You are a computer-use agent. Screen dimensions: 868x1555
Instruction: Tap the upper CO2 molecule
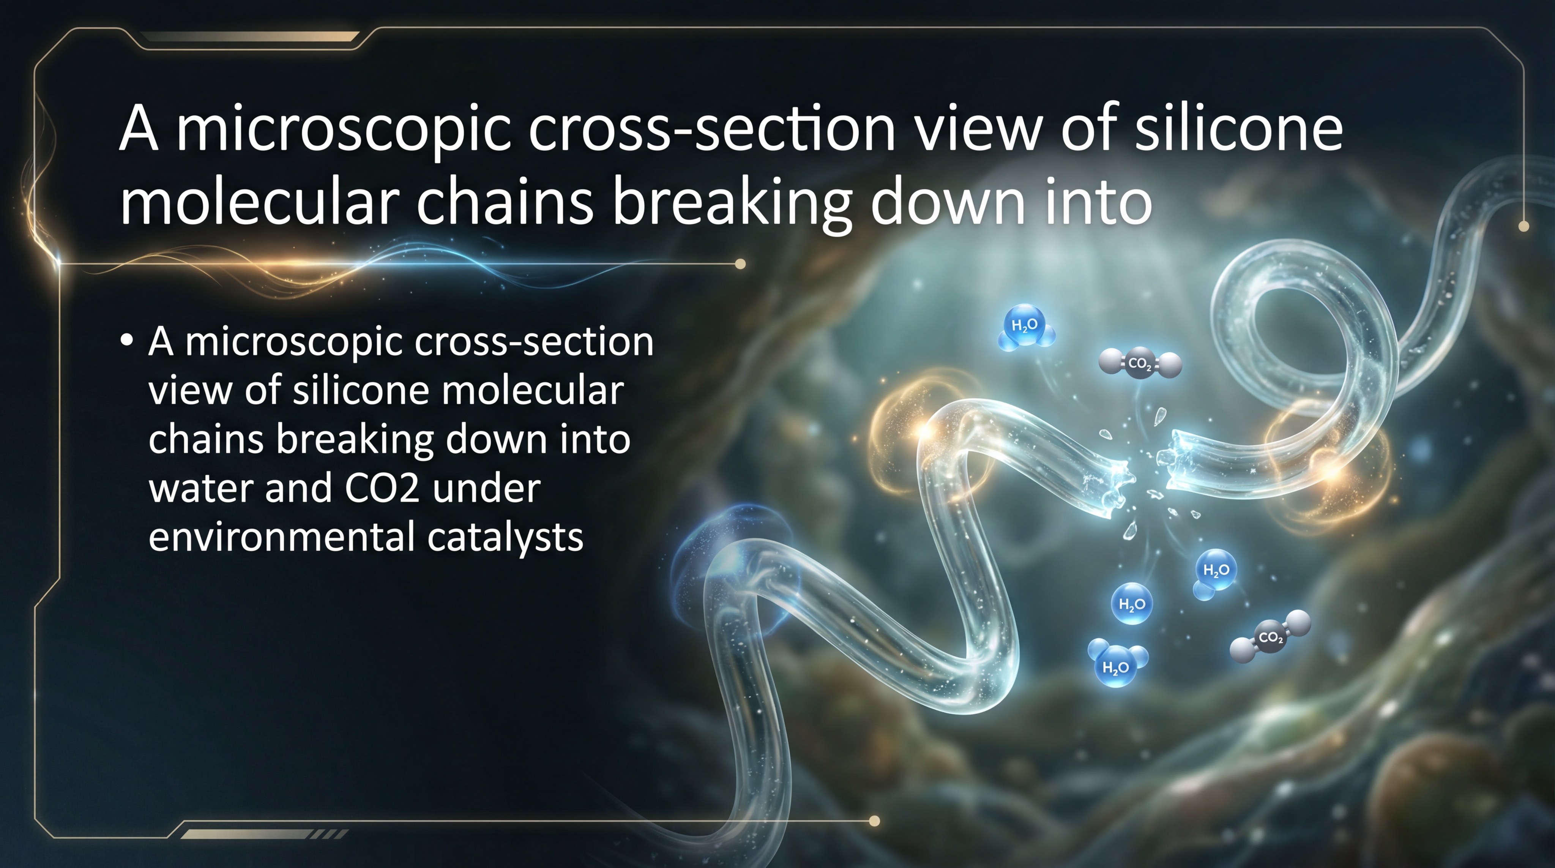(1140, 363)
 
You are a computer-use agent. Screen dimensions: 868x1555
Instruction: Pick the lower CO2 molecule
(1271, 637)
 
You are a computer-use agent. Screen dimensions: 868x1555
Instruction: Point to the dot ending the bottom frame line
(874, 821)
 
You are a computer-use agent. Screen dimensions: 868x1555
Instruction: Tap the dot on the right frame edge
(1523, 226)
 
